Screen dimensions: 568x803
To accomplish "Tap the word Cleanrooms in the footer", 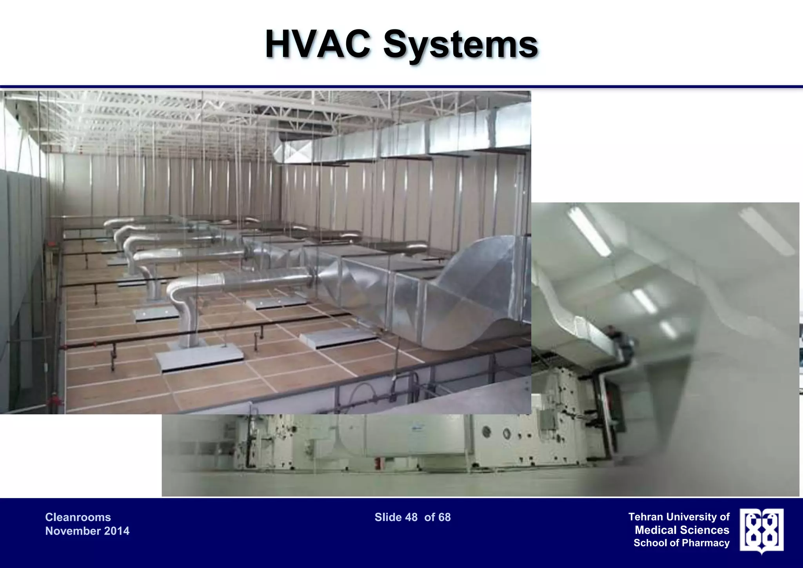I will pos(78,517).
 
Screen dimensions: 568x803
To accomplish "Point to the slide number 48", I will pos(411,517).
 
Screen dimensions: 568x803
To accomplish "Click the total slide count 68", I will pos(445,517).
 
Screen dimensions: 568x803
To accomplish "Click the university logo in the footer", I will pos(761,530).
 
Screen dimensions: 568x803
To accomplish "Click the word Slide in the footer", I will pos(388,517).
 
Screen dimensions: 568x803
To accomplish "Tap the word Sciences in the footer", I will pos(705,530).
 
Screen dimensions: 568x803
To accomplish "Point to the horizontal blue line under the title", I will pos(401,87).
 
